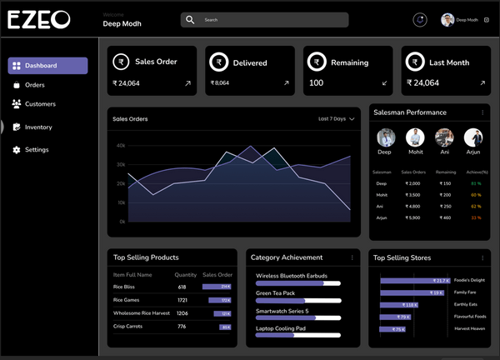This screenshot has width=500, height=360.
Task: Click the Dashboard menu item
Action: coord(47,66)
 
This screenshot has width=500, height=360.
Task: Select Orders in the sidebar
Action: coord(34,85)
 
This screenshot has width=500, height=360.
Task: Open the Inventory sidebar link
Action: coord(38,127)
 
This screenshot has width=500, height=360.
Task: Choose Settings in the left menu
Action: coord(37,150)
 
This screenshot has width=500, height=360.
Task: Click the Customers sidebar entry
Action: coord(40,104)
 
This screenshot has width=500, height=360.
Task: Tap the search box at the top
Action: coord(264,20)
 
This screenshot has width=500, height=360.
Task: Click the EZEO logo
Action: coord(39,20)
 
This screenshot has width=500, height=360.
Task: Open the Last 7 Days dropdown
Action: coord(337,119)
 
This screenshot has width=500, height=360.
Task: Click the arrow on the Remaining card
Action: coord(384,83)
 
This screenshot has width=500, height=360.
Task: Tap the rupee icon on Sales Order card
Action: coord(121,62)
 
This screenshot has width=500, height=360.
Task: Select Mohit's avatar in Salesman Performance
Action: coord(415,137)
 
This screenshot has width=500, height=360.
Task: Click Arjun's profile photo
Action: coord(473,137)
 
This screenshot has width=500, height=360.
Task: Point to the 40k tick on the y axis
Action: coord(121,145)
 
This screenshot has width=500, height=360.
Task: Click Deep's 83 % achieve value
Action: coord(476,183)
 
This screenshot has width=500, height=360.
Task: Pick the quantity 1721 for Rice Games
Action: coord(182,300)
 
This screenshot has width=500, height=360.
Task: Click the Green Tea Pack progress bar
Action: coord(297,301)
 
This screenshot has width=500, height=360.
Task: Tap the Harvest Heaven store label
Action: coord(469,328)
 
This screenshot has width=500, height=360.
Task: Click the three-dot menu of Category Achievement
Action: coord(352,257)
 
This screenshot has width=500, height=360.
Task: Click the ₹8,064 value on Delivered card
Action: coord(220,83)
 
